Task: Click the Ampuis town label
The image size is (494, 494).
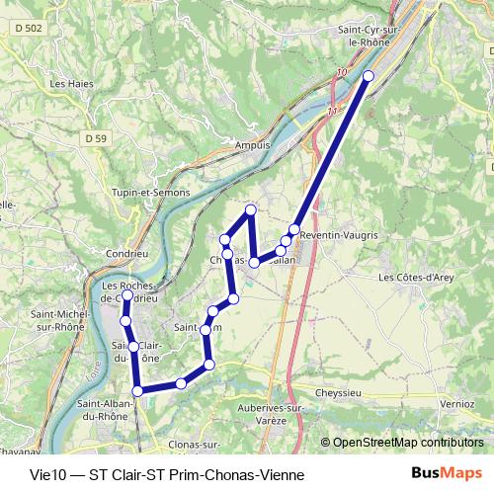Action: click(253, 145)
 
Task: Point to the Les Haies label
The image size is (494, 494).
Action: click(71, 84)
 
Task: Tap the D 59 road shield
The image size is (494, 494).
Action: click(96, 137)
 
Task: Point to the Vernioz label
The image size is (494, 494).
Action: click(457, 403)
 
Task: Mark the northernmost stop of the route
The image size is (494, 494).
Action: click(369, 76)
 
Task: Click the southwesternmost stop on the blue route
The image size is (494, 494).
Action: click(137, 391)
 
